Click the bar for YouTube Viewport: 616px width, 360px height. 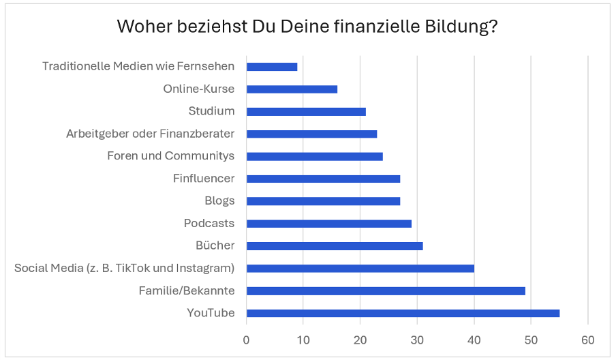pyautogui.click(x=403, y=313)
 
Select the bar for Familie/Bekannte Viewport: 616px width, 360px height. pyautogui.click(x=386, y=290)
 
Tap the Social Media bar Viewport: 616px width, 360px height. pyautogui.click(x=360, y=268)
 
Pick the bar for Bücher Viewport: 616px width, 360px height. pyautogui.click(x=335, y=245)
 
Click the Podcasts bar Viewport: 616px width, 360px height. pyautogui.click(x=328, y=223)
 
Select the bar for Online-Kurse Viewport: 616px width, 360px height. pyautogui.click(x=292, y=89)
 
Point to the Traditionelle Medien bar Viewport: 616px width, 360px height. pyautogui.click(x=272, y=67)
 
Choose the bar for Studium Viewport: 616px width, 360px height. pyautogui.click(x=306, y=111)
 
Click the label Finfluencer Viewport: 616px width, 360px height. pyautogui.click(x=204, y=179)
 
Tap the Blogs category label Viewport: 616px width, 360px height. pyautogui.click(x=219, y=200)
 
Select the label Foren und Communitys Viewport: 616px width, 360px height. pyautogui.click(x=171, y=156)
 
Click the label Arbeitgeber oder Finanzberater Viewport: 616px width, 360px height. pyautogui.click(x=150, y=134)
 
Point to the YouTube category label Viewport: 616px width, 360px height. pyautogui.click(x=211, y=313)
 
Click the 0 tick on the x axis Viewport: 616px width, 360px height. pyautogui.click(x=247, y=339)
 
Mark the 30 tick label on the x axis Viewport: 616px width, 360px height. pyautogui.click(x=417, y=339)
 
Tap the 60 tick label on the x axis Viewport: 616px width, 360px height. pyautogui.click(x=588, y=339)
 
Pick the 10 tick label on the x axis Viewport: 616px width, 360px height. pyautogui.click(x=303, y=339)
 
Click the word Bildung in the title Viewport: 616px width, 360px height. pyautogui.click(x=463, y=27)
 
